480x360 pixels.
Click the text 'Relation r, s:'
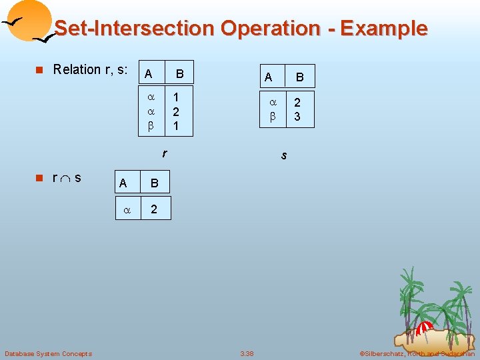(90, 69)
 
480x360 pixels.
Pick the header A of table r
(148, 73)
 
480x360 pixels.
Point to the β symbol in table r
(151, 125)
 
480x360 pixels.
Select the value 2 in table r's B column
(175, 111)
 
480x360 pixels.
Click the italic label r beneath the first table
(164, 154)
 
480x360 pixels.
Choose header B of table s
(299, 77)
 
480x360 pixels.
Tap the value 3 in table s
(297, 117)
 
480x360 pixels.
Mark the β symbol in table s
(272, 117)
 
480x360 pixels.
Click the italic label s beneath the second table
(284, 155)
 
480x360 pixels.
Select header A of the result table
(123, 183)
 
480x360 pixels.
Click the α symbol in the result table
(126, 209)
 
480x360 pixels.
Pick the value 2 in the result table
(154, 209)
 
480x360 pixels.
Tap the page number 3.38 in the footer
(247, 353)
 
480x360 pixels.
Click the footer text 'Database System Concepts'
(48, 353)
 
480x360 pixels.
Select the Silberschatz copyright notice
(417, 353)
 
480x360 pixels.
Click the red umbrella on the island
(423, 328)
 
